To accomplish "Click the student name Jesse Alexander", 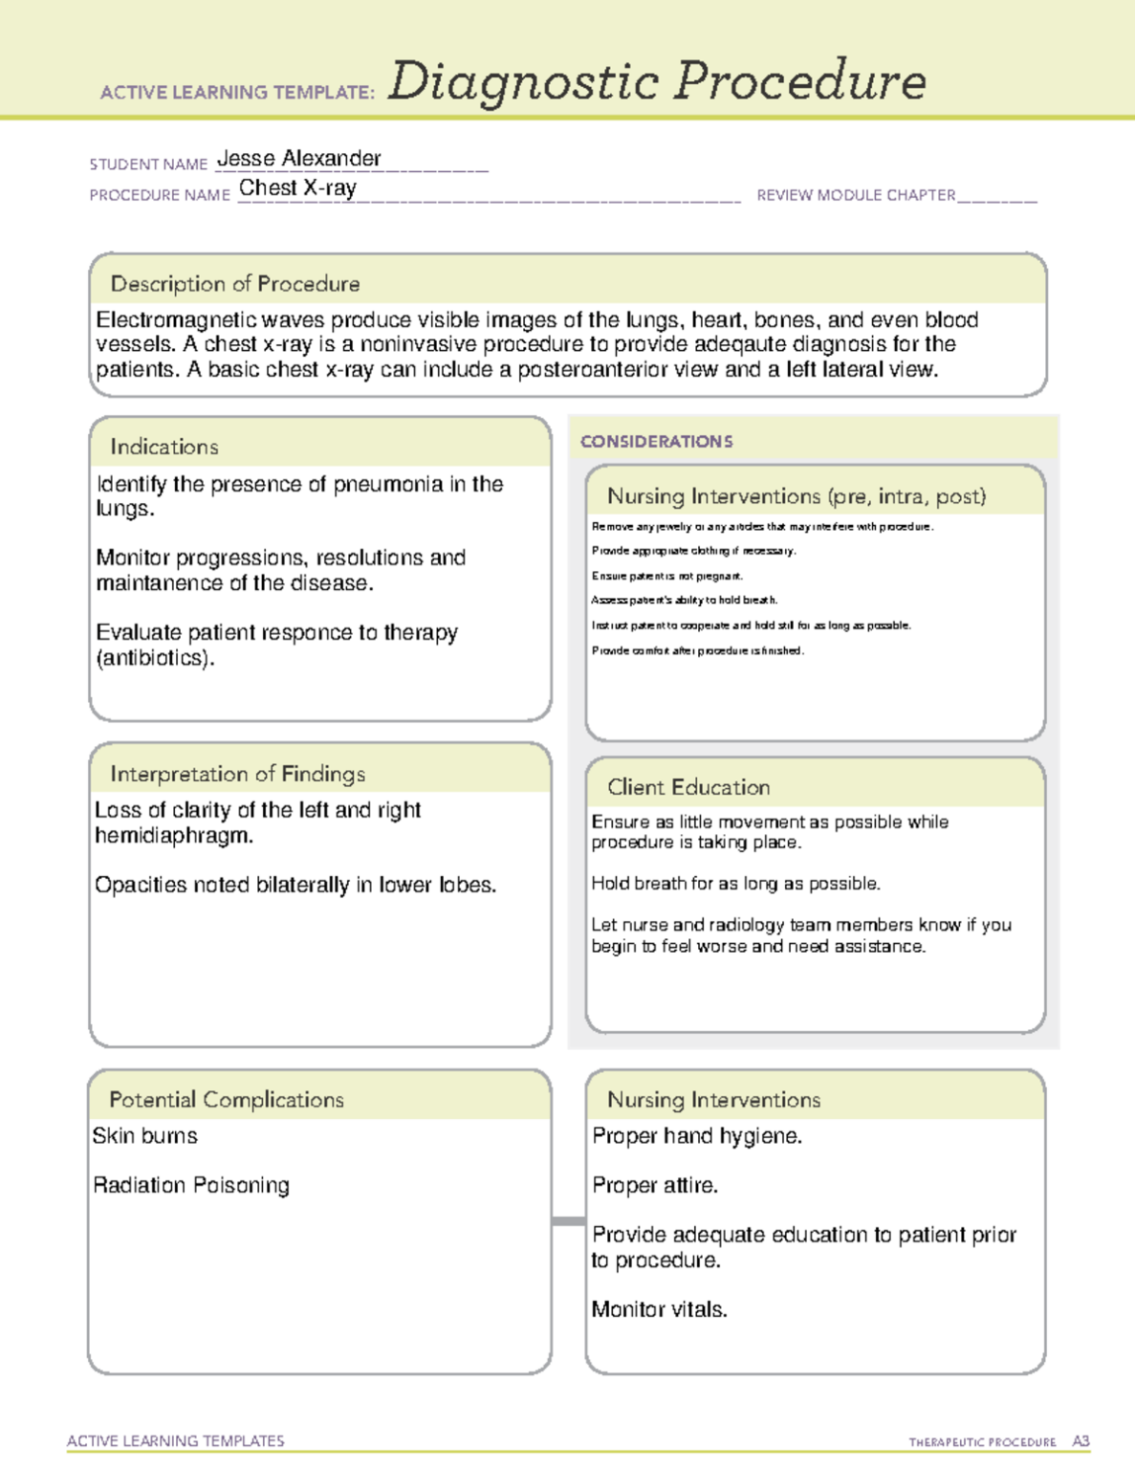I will [298, 159].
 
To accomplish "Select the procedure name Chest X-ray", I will [297, 188].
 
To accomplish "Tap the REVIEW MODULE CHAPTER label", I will [856, 195].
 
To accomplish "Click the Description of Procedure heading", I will [235, 284].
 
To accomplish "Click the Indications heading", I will [164, 447].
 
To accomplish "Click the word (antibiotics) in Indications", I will [155, 658].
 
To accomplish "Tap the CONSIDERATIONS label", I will [656, 442].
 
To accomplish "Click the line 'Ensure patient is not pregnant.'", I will [666, 576].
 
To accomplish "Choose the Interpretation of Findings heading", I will [237, 774].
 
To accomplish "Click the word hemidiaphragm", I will [174, 836].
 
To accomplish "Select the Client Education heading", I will [688, 787].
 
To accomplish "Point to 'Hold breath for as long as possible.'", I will [735, 884].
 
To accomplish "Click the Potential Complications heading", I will [227, 1100].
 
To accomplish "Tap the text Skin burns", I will [145, 1136].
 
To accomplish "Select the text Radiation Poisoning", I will [191, 1186].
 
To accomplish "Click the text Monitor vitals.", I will [659, 1310].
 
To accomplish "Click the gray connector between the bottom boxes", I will [569, 1221].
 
